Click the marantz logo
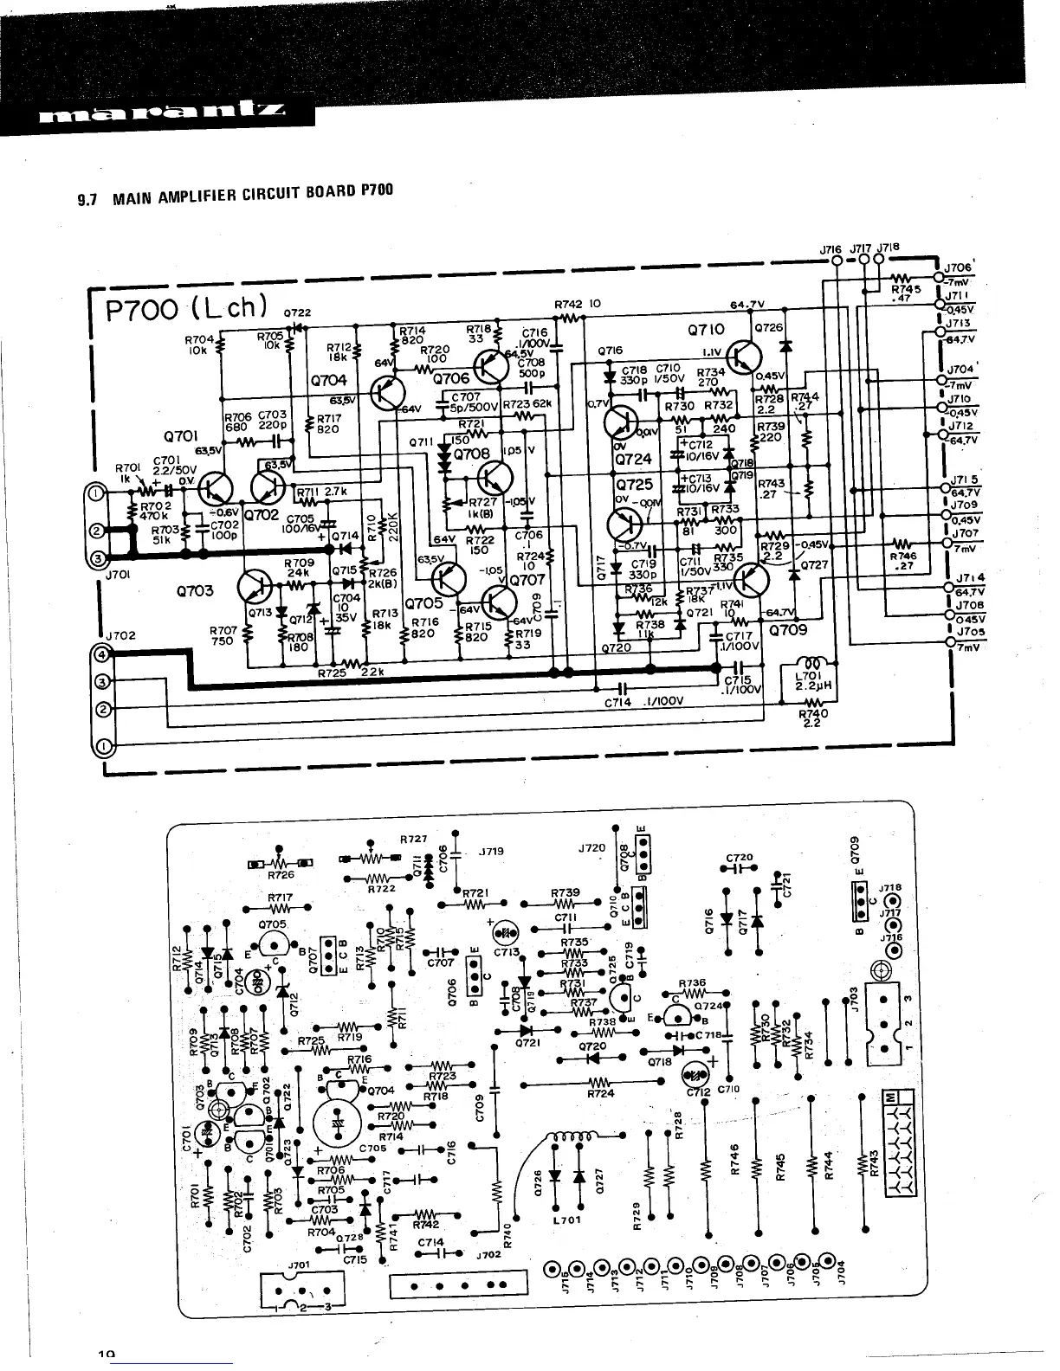(160, 113)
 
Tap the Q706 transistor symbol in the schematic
(491, 368)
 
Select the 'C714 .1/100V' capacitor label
(645, 702)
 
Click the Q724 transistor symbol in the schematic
(624, 424)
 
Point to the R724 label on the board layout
(600, 1094)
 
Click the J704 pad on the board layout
(829, 1265)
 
